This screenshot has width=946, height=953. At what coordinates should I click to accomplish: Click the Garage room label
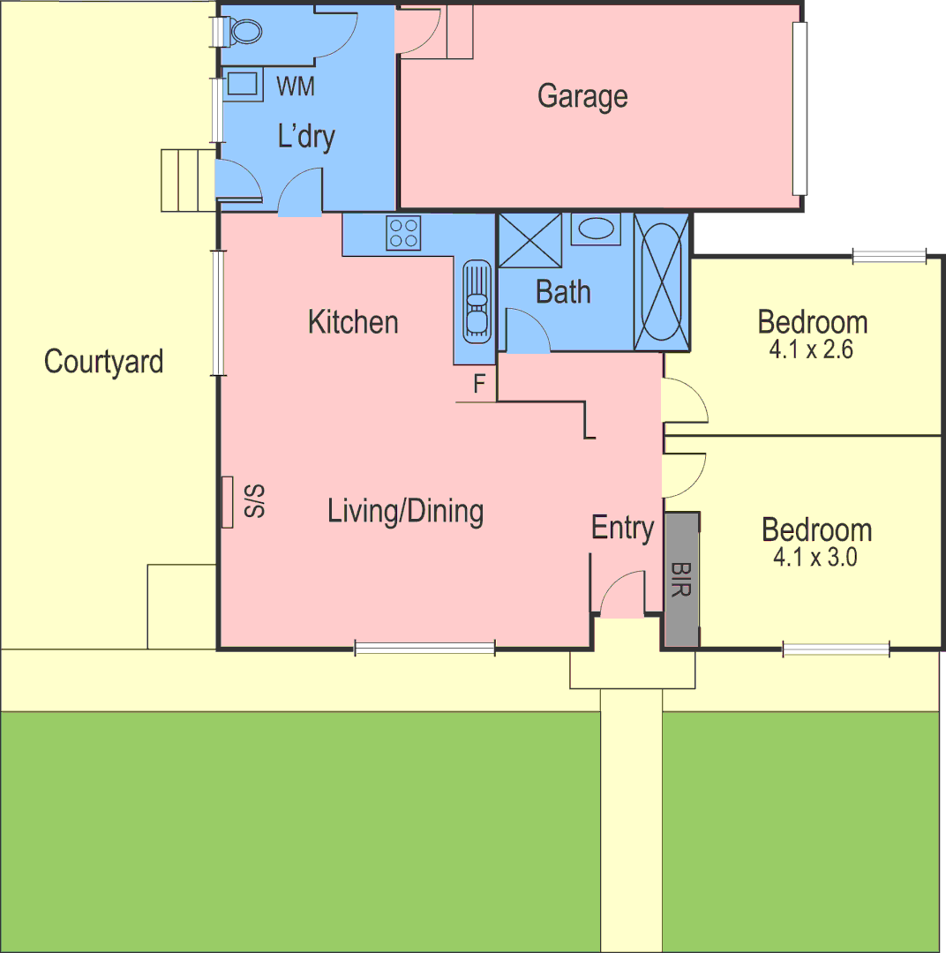point(582,95)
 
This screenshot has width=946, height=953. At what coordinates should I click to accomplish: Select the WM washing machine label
point(296,86)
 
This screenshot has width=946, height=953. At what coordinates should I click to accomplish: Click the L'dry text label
point(306,138)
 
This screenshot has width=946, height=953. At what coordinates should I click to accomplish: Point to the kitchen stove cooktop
point(402,233)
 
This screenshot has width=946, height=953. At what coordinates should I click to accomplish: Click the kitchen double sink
point(477,300)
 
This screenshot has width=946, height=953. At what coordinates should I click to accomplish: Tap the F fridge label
point(480,384)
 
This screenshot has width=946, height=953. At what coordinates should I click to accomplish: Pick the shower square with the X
point(530,240)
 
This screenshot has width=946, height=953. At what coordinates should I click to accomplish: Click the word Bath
point(563,292)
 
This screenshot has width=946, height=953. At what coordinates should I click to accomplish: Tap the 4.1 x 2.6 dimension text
point(812,349)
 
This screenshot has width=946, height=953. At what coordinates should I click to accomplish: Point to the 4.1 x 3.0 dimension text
point(815,558)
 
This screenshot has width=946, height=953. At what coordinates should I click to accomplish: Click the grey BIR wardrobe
point(680,580)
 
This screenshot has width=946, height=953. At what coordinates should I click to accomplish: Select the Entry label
point(622,528)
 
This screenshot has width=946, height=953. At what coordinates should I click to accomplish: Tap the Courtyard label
point(104,362)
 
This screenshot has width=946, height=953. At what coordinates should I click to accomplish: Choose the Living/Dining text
point(405,511)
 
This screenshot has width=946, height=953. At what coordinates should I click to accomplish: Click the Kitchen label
point(353,322)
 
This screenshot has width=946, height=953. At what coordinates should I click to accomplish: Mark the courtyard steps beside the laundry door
point(187,180)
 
